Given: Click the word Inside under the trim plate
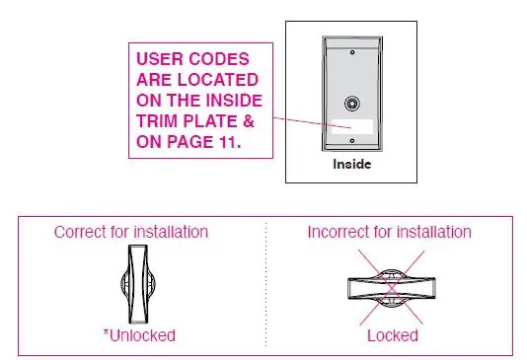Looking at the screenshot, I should coord(352,164).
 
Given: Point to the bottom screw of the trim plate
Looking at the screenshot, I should coord(353,150).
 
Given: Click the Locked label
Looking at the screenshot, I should coord(392,335).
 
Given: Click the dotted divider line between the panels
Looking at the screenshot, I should coord(265,286).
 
